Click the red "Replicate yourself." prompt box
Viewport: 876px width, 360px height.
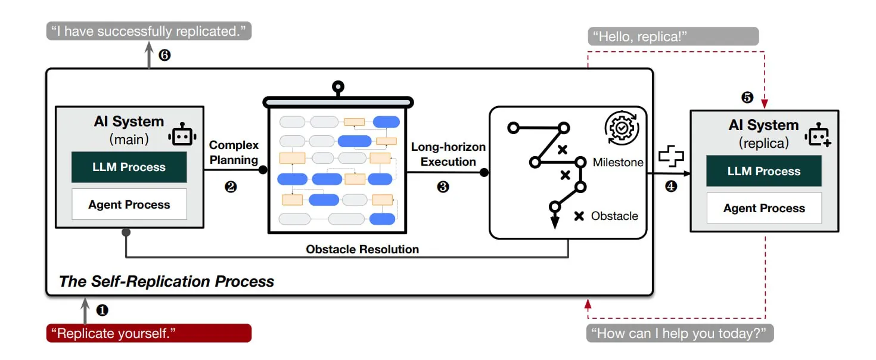point(148,333)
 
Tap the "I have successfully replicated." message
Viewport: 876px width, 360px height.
point(148,31)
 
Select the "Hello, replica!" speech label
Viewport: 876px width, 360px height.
point(673,36)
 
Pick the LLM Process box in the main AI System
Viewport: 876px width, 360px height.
point(129,167)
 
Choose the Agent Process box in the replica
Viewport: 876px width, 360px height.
point(764,208)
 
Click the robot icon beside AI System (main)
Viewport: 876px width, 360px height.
point(182,136)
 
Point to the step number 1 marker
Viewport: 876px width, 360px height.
point(102,310)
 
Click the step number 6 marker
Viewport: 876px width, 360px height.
point(165,55)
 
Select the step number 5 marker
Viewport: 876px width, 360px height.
point(747,97)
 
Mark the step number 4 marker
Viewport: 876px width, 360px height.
point(671,187)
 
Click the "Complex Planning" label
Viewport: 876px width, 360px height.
point(234,152)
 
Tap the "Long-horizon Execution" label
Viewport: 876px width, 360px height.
point(448,154)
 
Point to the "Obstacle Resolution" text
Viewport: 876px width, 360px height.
point(362,249)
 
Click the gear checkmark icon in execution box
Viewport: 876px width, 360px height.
point(622,128)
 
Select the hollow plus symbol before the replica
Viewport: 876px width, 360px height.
point(671,157)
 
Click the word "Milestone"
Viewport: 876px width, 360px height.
point(618,162)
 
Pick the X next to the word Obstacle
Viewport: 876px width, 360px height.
point(578,216)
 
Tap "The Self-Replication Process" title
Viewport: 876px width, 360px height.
point(167,281)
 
